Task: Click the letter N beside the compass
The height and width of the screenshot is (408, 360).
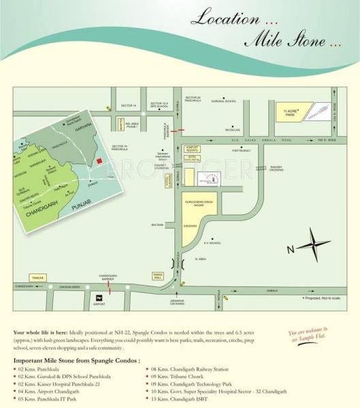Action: click(291, 249)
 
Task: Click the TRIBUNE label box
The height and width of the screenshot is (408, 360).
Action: click(37, 278)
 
